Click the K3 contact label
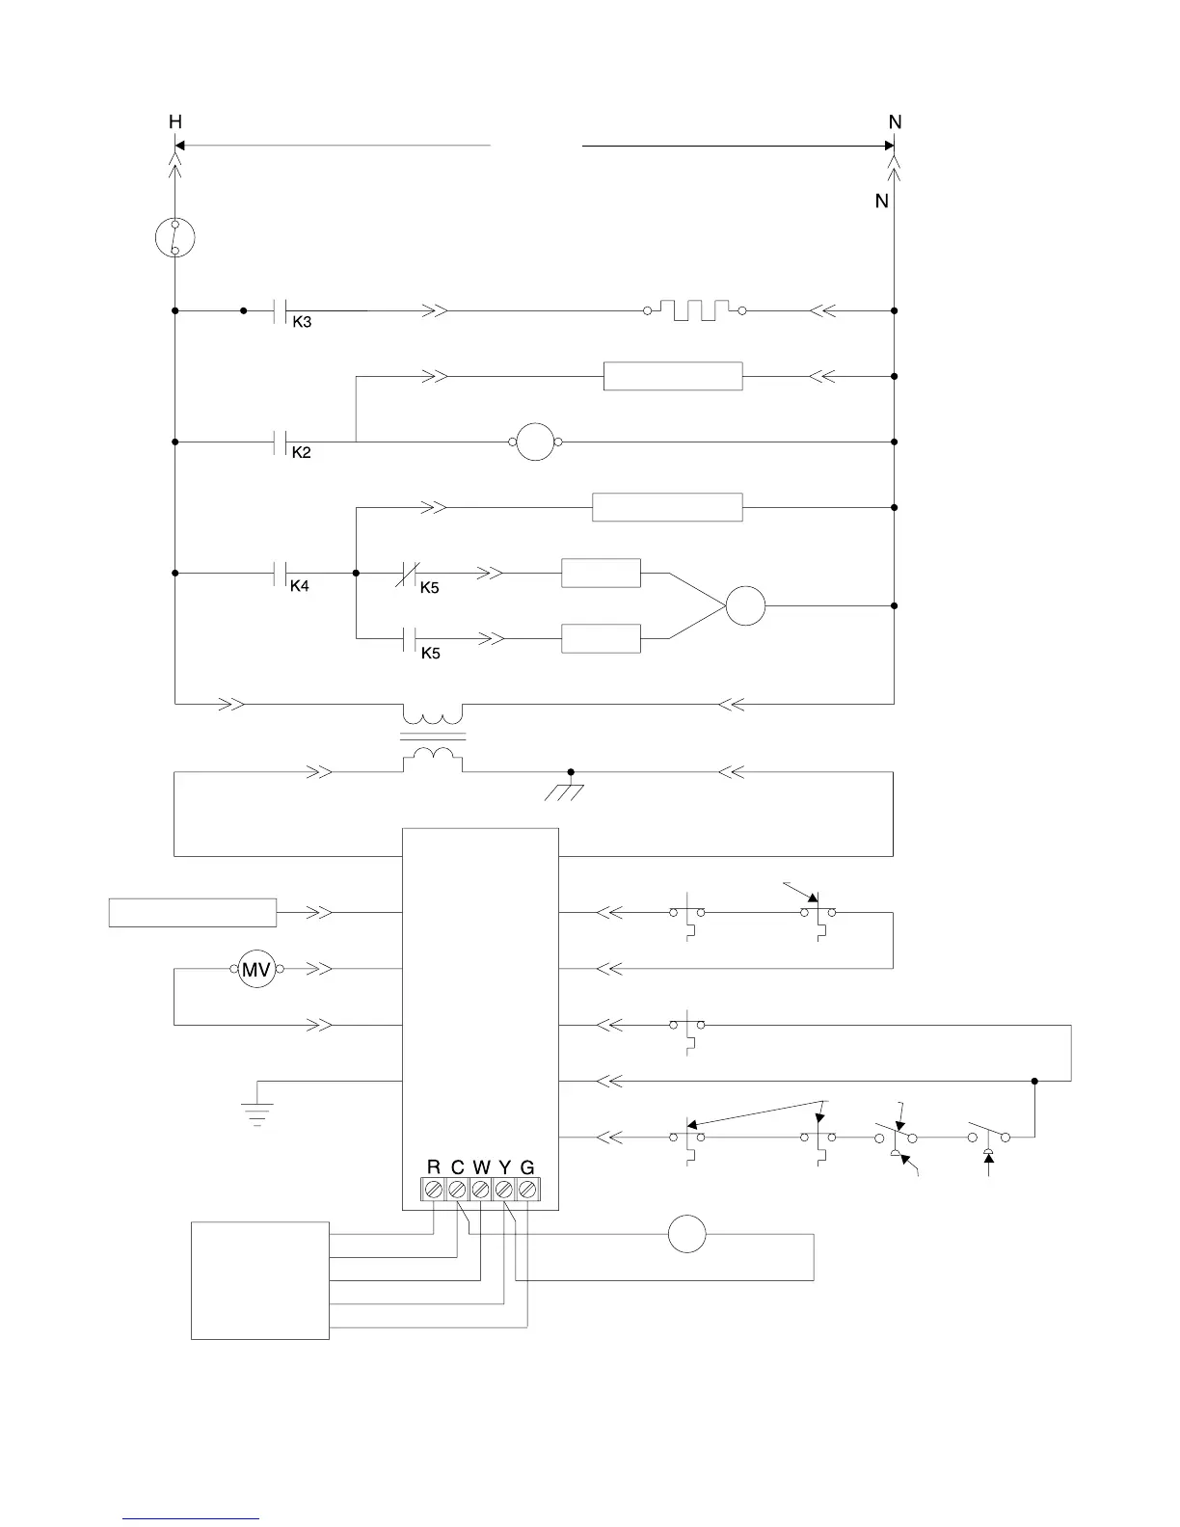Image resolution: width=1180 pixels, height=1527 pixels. [x=302, y=322]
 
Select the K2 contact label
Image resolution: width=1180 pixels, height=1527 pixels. [x=302, y=452]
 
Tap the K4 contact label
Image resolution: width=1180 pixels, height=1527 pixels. [x=300, y=585]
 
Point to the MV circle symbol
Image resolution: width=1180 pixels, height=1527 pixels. [x=256, y=969]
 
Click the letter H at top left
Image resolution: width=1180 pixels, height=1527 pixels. [x=174, y=122]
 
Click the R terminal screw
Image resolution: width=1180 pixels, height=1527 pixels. [x=434, y=1190]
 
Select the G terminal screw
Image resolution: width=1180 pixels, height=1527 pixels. [x=527, y=1190]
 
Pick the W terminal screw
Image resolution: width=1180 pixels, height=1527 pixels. [x=481, y=1190]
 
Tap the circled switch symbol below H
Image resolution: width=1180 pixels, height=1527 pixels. [x=174, y=237]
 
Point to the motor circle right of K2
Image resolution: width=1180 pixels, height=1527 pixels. [x=536, y=442]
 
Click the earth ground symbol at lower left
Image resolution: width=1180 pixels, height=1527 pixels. [x=257, y=1114]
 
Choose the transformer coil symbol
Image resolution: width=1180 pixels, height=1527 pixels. [x=433, y=737]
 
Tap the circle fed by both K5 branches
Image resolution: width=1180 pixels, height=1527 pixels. [x=745, y=606]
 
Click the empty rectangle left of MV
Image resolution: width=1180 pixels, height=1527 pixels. [x=193, y=912]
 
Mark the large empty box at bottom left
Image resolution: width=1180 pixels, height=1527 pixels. [x=260, y=1280]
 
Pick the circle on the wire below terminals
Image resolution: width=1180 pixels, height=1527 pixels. [x=687, y=1234]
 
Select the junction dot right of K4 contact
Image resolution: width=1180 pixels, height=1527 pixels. [x=357, y=573]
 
